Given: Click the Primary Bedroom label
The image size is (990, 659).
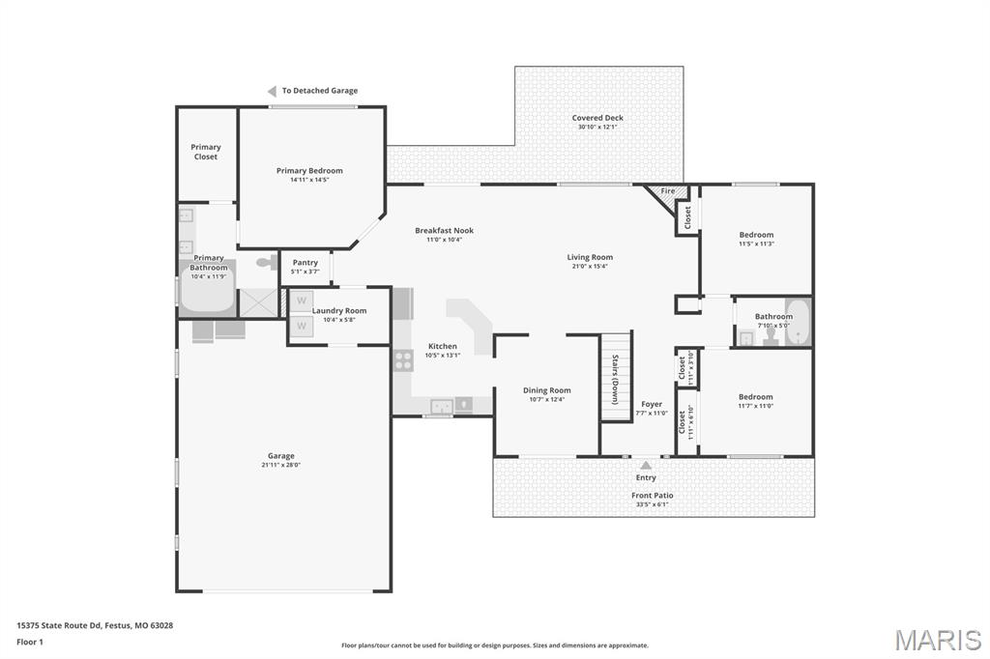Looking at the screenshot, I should tap(309, 171).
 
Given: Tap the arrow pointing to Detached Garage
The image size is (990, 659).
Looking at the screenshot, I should tap(273, 91).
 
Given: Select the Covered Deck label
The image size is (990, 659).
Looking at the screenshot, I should tap(597, 118).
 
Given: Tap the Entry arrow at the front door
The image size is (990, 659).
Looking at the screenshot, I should tap(646, 466).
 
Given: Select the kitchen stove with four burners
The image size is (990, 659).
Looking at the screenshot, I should tap(403, 360).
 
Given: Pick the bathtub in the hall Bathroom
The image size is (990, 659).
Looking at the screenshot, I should tap(797, 323).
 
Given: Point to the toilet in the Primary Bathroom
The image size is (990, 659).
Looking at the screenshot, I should tap(264, 262).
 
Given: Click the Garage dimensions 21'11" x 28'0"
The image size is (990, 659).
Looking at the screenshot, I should tap(281, 465).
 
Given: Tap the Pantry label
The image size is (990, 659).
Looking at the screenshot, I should tap(306, 263).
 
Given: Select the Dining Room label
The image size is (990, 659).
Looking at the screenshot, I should tap(547, 390).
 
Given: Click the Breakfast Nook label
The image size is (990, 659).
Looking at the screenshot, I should tap(444, 230).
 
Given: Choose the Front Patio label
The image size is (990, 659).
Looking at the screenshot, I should tap(653, 495).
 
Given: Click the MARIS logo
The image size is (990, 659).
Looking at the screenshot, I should tap(937, 640).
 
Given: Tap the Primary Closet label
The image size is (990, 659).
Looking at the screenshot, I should tap(206, 152).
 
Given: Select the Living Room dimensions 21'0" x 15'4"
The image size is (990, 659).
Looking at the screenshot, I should tap(590, 267).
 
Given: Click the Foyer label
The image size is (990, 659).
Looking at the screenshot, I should tap(652, 404).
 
